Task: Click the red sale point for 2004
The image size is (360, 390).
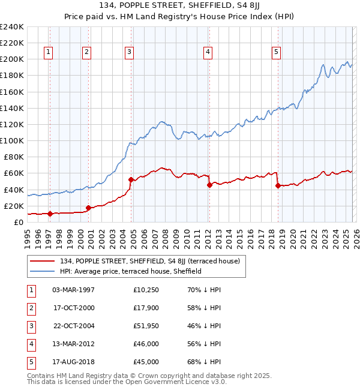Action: click(x=131, y=179)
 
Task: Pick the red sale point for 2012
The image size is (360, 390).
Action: click(x=209, y=185)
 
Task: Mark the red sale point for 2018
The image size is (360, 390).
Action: click(x=278, y=185)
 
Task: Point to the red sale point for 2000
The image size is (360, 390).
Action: click(x=88, y=208)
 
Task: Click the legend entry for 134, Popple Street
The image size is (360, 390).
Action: click(x=149, y=261)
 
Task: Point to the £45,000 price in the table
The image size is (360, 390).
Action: click(x=146, y=362)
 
